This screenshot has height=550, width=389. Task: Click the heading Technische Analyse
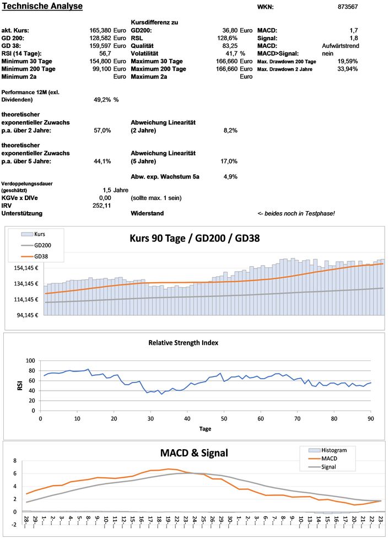click(42, 7)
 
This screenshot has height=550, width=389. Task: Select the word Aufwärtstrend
click(340, 46)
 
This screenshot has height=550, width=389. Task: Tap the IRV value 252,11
click(101, 205)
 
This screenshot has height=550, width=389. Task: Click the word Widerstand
click(147, 213)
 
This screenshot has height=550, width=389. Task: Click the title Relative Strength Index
click(183, 342)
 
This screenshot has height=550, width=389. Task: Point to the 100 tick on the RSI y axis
click(30, 361)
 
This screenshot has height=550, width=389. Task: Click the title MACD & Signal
click(194, 453)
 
